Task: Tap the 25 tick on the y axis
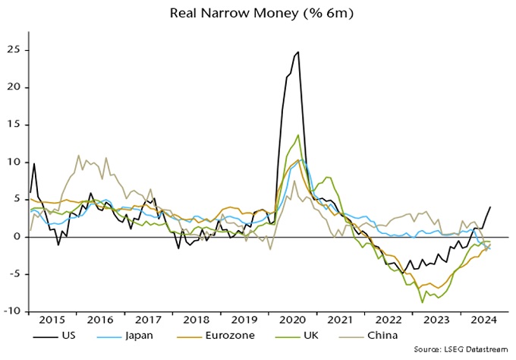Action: tap(14, 50)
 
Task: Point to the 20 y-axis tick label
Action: tap(14, 87)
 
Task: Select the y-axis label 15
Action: tap(14, 125)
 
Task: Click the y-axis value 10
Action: tap(14, 162)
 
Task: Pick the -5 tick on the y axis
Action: tap(14, 273)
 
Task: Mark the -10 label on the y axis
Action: tap(12, 311)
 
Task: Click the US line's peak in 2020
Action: tap(298, 52)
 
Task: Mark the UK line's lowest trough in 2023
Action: tap(423, 302)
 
